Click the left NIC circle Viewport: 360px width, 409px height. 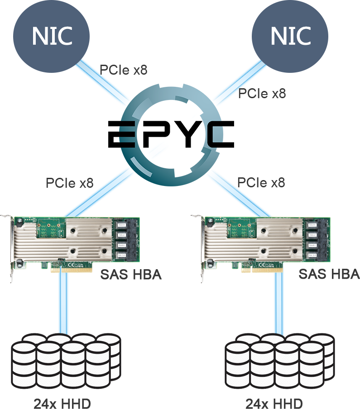tap(52, 36)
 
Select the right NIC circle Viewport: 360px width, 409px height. tap(290, 36)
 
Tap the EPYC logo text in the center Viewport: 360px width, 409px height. tap(171, 134)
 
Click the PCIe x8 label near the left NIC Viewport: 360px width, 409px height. tap(124, 70)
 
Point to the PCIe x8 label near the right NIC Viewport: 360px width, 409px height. tap(262, 93)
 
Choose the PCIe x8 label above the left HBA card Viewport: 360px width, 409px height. tap(69, 183)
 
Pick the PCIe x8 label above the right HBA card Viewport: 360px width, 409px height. tap(261, 183)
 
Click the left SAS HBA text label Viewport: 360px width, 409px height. tap(130, 274)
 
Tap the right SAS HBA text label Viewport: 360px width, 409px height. tap(329, 274)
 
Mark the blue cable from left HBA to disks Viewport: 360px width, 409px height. tap(63, 303)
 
